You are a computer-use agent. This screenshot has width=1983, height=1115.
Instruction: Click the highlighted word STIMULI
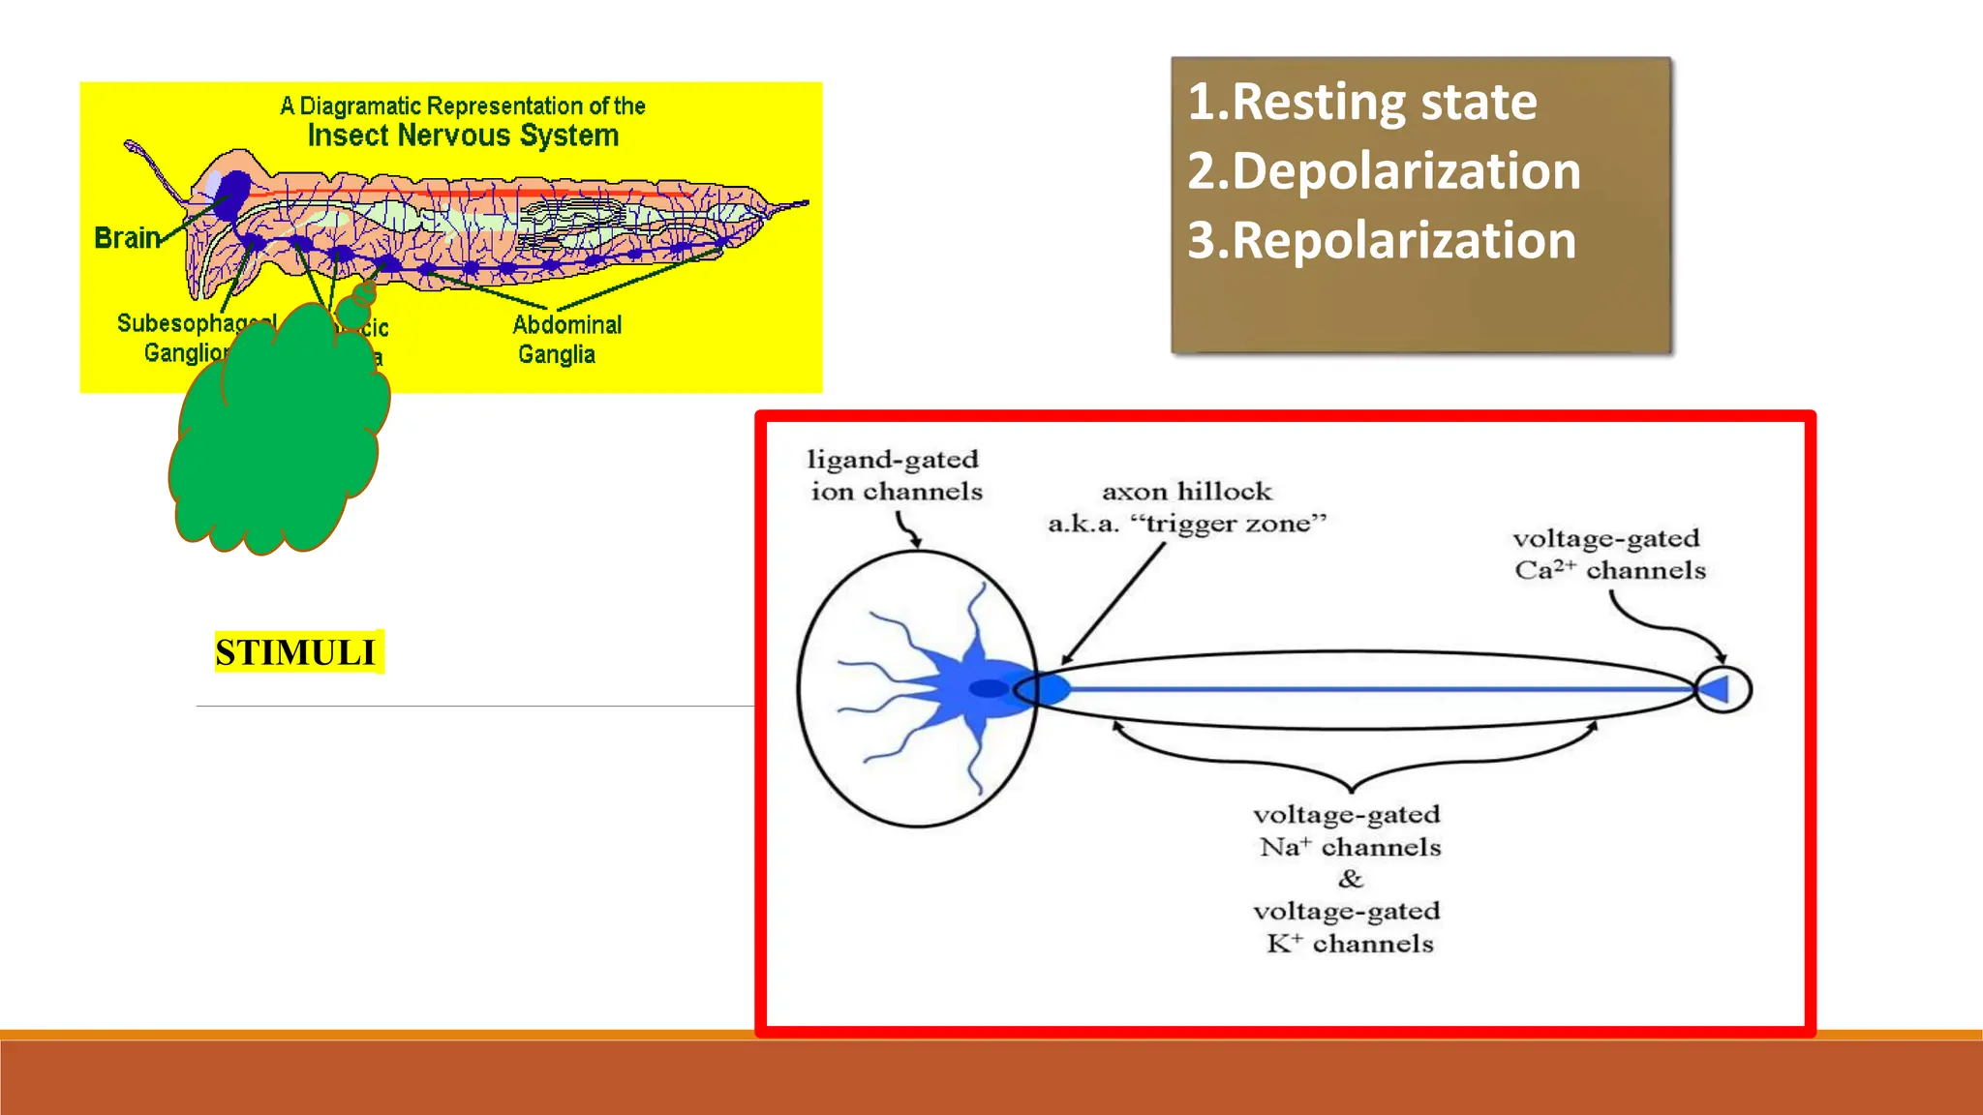pos(295,652)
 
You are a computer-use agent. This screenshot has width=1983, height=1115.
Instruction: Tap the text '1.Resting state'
pos(1361,103)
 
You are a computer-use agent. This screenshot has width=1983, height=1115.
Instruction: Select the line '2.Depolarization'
pos(1384,171)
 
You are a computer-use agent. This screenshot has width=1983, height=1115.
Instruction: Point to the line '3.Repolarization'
pos(1382,241)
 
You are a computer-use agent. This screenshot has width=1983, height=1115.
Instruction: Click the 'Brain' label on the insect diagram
pos(126,238)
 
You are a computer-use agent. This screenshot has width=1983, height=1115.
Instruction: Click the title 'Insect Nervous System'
pos(463,136)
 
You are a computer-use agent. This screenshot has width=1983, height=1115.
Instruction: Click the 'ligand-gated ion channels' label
pos(895,475)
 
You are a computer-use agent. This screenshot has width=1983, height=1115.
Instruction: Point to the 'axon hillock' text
pos(1186,492)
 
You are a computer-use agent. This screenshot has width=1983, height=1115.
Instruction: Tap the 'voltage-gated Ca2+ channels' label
pos(1608,554)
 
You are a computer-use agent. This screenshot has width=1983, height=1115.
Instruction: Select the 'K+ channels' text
pos(1350,944)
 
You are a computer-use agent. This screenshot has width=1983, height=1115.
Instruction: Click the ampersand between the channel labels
pos(1351,879)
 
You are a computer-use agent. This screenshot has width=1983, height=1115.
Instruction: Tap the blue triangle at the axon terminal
pos(1715,689)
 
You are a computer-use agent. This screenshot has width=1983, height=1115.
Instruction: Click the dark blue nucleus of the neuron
pos(989,688)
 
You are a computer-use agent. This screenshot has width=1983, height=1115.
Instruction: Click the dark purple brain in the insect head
pos(232,193)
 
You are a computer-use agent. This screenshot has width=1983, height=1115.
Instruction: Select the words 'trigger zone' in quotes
pos(1228,525)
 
